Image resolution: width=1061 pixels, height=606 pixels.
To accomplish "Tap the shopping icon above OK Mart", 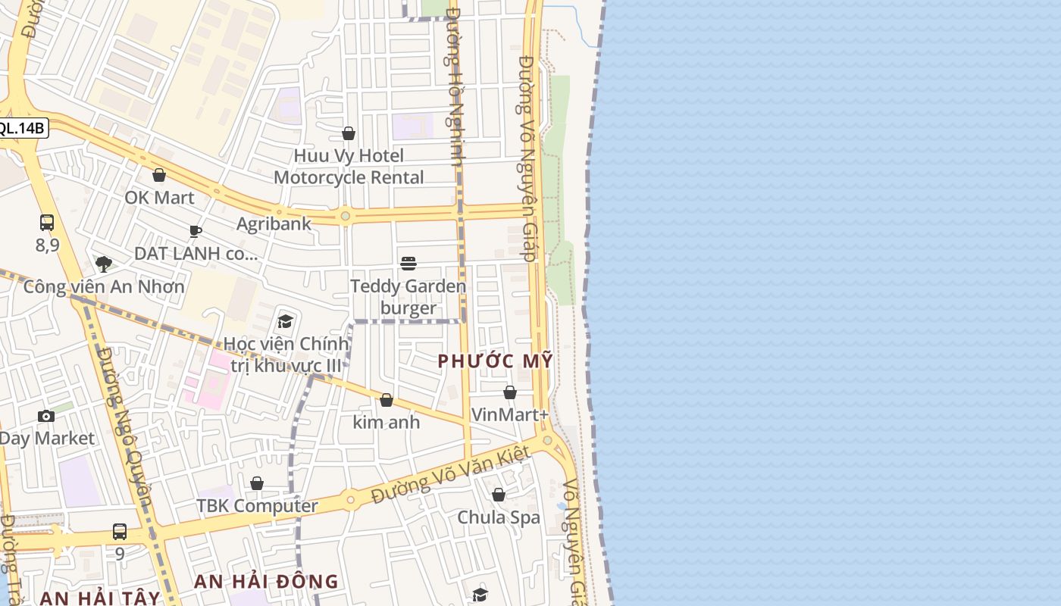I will click(159, 175).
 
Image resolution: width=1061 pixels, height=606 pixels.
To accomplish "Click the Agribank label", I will click(274, 223).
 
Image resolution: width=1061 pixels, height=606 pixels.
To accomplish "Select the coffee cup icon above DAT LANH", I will click(196, 231).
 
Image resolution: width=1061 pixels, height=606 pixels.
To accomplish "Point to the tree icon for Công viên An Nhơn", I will click(104, 264).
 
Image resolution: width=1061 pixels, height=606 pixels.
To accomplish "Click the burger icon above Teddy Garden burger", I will click(408, 264).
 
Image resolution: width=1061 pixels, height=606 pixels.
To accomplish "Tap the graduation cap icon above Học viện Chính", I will click(286, 321).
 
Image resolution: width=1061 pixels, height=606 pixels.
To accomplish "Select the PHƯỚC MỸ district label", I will click(496, 361).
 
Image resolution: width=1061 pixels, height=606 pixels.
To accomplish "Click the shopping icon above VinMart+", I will click(510, 392).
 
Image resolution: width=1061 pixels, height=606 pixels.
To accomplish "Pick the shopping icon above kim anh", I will click(387, 400).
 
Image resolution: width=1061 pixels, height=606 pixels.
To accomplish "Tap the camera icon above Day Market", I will click(46, 416).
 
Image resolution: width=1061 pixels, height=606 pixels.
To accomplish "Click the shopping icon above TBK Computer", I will click(257, 483).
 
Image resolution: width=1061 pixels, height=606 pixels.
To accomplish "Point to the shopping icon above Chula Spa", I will click(499, 495).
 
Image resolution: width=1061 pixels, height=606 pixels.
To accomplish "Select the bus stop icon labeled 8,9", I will click(47, 223).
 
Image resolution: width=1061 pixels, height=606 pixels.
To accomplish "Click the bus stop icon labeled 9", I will click(120, 532).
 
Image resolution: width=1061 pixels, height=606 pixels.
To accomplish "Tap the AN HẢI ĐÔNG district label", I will click(266, 582).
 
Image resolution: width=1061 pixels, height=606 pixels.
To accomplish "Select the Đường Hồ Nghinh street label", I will click(455, 87).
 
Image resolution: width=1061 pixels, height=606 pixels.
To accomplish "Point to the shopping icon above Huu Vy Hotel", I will click(349, 133).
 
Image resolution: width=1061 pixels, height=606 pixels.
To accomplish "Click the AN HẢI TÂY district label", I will click(100, 598).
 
